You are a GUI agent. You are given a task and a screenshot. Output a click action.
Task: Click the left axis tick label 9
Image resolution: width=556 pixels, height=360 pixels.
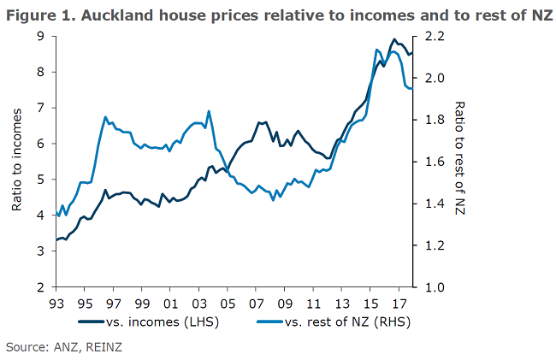[x=41, y=36]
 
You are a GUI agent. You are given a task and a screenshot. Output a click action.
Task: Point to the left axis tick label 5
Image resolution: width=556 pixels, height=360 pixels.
[x=41, y=180]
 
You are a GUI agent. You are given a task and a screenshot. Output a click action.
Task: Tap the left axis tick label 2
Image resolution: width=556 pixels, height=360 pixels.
[x=41, y=287]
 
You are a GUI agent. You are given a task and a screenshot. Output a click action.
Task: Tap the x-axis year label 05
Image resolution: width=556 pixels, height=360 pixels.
[x=228, y=304]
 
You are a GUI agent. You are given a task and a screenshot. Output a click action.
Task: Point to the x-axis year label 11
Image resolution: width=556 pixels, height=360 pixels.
[x=313, y=304]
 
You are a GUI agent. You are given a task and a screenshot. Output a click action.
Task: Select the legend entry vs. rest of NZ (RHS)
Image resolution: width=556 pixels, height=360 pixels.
[x=341, y=322]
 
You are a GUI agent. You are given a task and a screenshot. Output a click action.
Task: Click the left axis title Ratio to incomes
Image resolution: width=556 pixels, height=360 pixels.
[x=17, y=162]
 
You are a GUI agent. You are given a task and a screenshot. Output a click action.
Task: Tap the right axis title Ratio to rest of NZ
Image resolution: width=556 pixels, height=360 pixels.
[x=460, y=162]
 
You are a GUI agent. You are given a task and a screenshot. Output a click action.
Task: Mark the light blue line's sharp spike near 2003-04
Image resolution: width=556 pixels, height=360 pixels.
[x=209, y=111]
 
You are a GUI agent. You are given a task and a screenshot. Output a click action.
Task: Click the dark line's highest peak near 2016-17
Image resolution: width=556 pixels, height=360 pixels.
[x=393, y=39]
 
